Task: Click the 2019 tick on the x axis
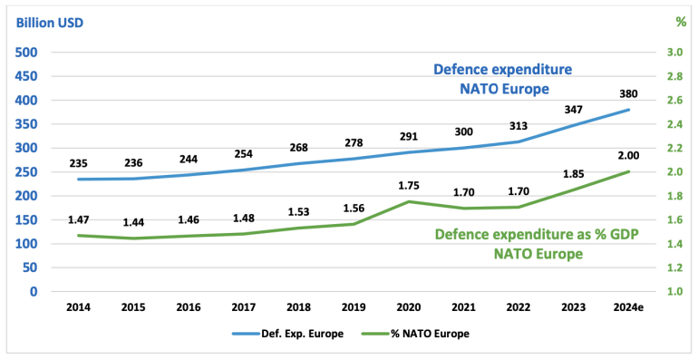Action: (x=354, y=307)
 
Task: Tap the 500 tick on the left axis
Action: (x=26, y=53)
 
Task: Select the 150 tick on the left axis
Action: (x=26, y=220)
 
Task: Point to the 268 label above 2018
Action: (x=300, y=147)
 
